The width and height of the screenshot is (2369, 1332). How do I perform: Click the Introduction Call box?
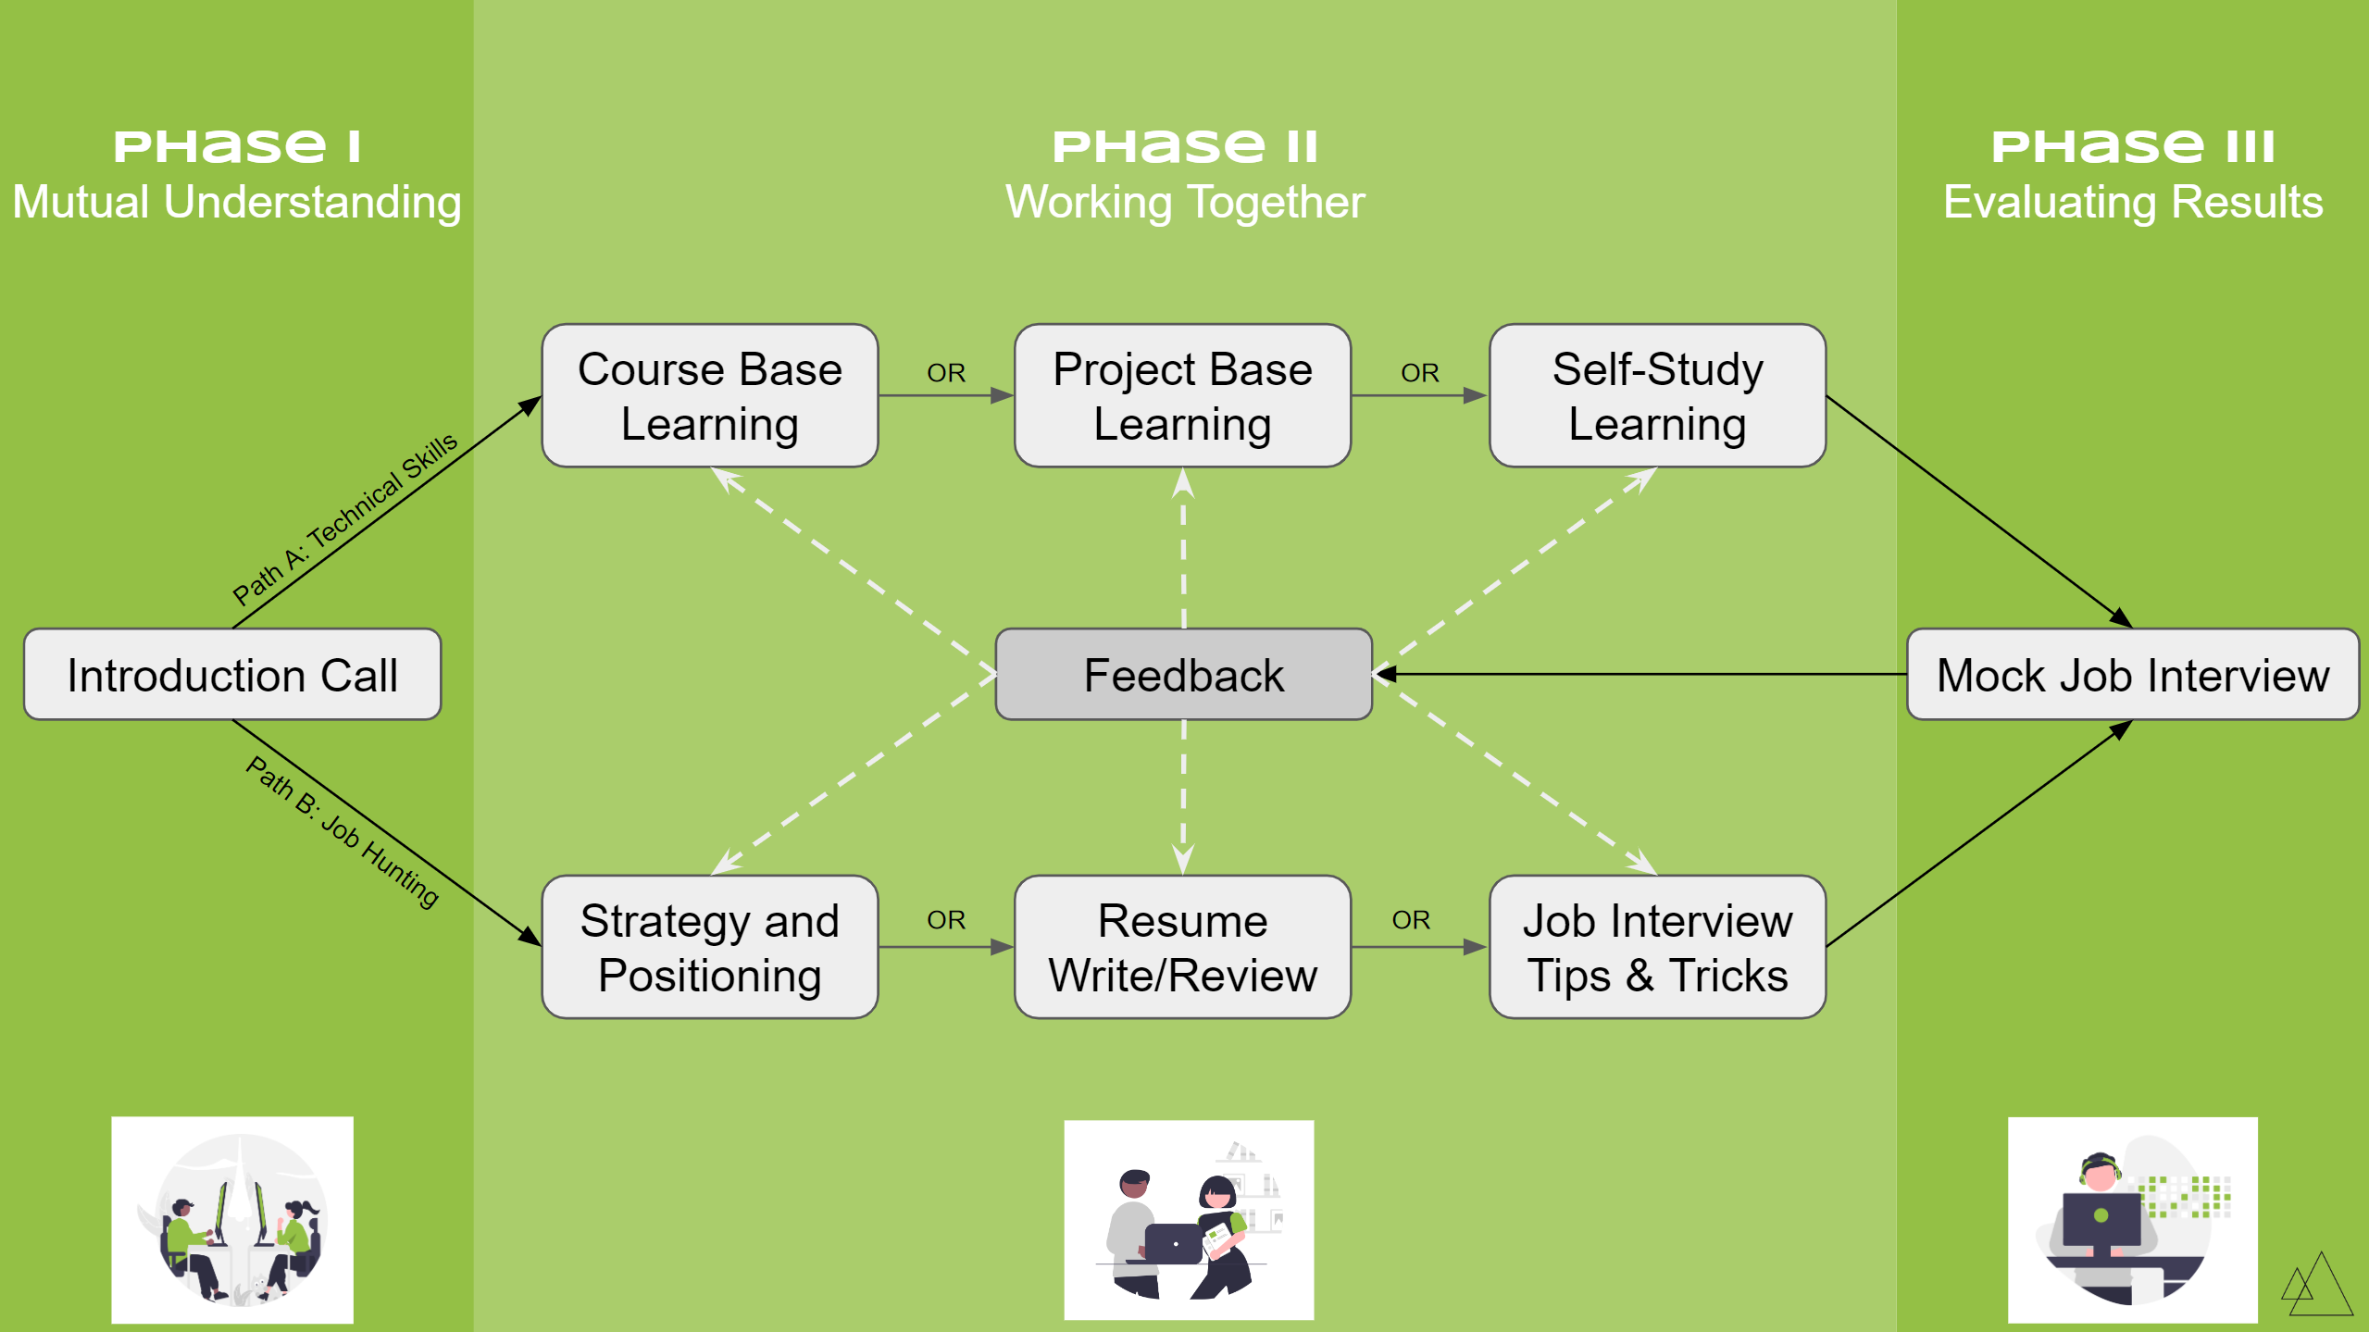pyautogui.click(x=232, y=675)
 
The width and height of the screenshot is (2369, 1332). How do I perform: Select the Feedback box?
pyautogui.click(x=1183, y=675)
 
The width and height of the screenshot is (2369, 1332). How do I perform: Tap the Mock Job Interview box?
pyautogui.click(x=2132, y=675)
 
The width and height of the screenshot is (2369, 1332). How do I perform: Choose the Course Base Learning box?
pyautogui.click(x=710, y=396)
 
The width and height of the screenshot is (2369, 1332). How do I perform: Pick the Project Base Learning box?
pyautogui.click(x=1182, y=396)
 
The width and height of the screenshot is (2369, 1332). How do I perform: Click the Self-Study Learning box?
pyautogui.click(x=1657, y=396)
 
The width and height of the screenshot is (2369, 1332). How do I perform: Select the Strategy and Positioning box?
pyautogui.click(x=710, y=947)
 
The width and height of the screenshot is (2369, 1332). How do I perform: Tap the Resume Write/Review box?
pyautogui.click(x=1182, y=947)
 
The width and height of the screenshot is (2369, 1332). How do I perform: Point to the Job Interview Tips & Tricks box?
pyautogui.click(x=1657, y=947)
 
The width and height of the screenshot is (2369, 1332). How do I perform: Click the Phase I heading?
pyautogui.click(x=236, y=146)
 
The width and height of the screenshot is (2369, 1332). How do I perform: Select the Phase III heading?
pyautogui.click(x=2132, y=146)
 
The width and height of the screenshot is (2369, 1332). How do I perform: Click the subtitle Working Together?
pyautogui.click(x=1184, y=202)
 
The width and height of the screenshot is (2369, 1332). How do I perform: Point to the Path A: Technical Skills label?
pyautogui.click(x=345, y=517)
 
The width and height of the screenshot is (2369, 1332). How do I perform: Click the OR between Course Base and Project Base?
pyautogui.click(x=945, y=373)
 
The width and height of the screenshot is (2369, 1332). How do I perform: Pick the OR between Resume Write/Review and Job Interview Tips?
pyautogui.click(x=1410, y=920)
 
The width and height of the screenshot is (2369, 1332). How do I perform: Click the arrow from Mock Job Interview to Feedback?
pyautogui.click(x=1639, y=675)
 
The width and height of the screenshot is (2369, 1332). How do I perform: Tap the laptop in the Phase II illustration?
pyautogui.click(x=1173, y=1243)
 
